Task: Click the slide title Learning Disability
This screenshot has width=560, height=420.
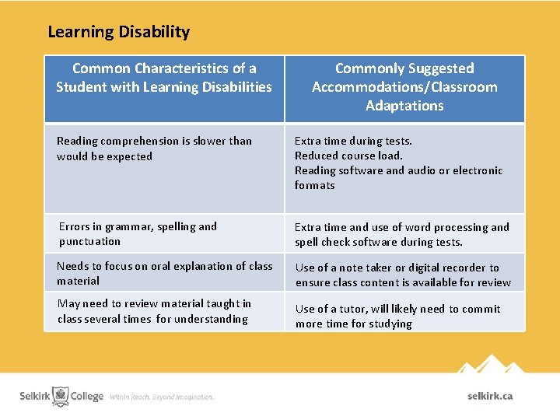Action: point(118,32)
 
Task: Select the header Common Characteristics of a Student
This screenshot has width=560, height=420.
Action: point(164,78)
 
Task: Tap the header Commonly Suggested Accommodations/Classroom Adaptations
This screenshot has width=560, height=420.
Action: point(404,87)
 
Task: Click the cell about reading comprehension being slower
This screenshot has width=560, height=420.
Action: point(154,149)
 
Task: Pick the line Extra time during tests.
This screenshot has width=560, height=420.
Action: point(353,141)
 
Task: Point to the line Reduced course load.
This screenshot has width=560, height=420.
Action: point(348,156)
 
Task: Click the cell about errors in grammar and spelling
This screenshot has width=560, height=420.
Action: point(138,233)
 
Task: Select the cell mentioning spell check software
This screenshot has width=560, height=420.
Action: point(401,234)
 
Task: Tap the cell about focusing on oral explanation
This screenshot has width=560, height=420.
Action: point(164,273)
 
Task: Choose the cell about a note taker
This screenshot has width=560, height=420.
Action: point(403,275)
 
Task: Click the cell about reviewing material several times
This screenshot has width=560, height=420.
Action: point(154,311)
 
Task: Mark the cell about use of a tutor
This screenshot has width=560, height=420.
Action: point(397,316)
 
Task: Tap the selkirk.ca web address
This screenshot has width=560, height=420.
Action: point(490,396)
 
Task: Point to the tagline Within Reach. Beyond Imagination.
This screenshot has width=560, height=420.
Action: point(162,397)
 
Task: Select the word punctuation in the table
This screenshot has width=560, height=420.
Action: point(89,241)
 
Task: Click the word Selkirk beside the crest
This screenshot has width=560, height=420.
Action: point(35,396)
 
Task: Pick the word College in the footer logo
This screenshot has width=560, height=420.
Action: point(87,396)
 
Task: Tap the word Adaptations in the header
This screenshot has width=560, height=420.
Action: point(404,106)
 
